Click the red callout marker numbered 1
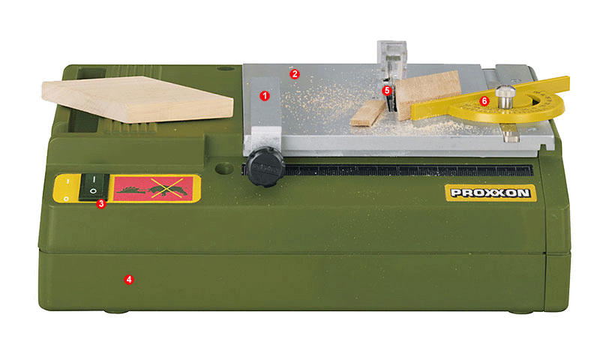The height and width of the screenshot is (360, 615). pyautogui.click(x=265, y=96)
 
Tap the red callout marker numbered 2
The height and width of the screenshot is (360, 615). pyautogui.click(x=295, y=73)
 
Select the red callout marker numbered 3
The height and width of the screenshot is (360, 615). pyautogui.click(x=101, y=203)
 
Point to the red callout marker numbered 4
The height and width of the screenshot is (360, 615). pyautogui.click(x=129, y=280)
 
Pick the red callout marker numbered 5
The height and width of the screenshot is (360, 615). pyautogui.click(x=387, y=91)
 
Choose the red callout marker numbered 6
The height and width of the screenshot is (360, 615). pyautogui.click(x=484, y=101)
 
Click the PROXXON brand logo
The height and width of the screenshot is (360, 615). pyautogui.click(x=490, y=193)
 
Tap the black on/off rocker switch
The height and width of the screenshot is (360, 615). pyautogui.click(x=93, y=187)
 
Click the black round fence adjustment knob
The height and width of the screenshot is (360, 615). pyautogui.click(x=265, y=167)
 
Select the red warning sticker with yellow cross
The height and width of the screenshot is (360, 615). pyautogui.click(x=153, y=189)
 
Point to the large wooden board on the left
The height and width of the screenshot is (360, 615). pyautogui.click(x=137, y=99)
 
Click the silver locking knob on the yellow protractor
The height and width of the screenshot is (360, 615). pyautogui.click(x=505, y=97)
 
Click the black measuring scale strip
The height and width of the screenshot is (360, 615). pyautogui.click(x=408, y=170)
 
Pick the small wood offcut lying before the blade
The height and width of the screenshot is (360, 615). pyautogui.click(x=368, y=113)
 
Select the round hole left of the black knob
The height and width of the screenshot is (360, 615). pyautogui.click(x=225, y=169)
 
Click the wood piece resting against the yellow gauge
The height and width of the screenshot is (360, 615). pyautogui.click(x=427, y=94)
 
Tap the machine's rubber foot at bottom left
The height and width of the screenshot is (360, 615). pyautogui.click(x=116, y=312)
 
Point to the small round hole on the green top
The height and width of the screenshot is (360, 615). pyautogui.click(x=225, y=69)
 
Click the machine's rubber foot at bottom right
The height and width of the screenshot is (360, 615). pyautogui.click(x=521, y=312)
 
